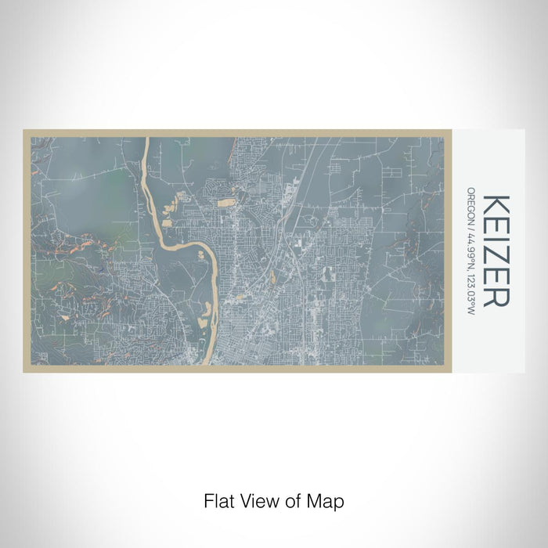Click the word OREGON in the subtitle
[x=471, y=206]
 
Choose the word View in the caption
[x=258, y=499]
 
